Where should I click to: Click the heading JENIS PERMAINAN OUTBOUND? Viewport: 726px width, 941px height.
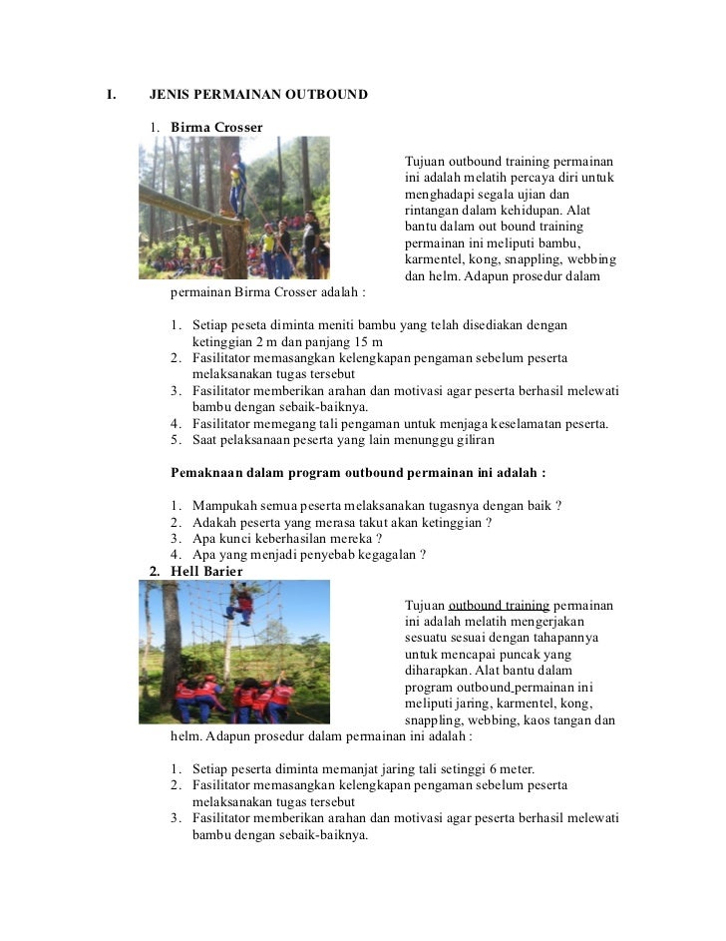coord(258,95)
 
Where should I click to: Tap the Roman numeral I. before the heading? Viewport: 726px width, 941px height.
coord(112,95)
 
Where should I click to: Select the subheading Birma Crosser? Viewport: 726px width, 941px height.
coord(216,128)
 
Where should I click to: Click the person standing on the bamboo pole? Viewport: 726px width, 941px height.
coord(238,185)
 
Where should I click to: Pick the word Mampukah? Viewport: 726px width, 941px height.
coord(224,505)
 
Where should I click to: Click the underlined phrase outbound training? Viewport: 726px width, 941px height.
coord(499,606)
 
